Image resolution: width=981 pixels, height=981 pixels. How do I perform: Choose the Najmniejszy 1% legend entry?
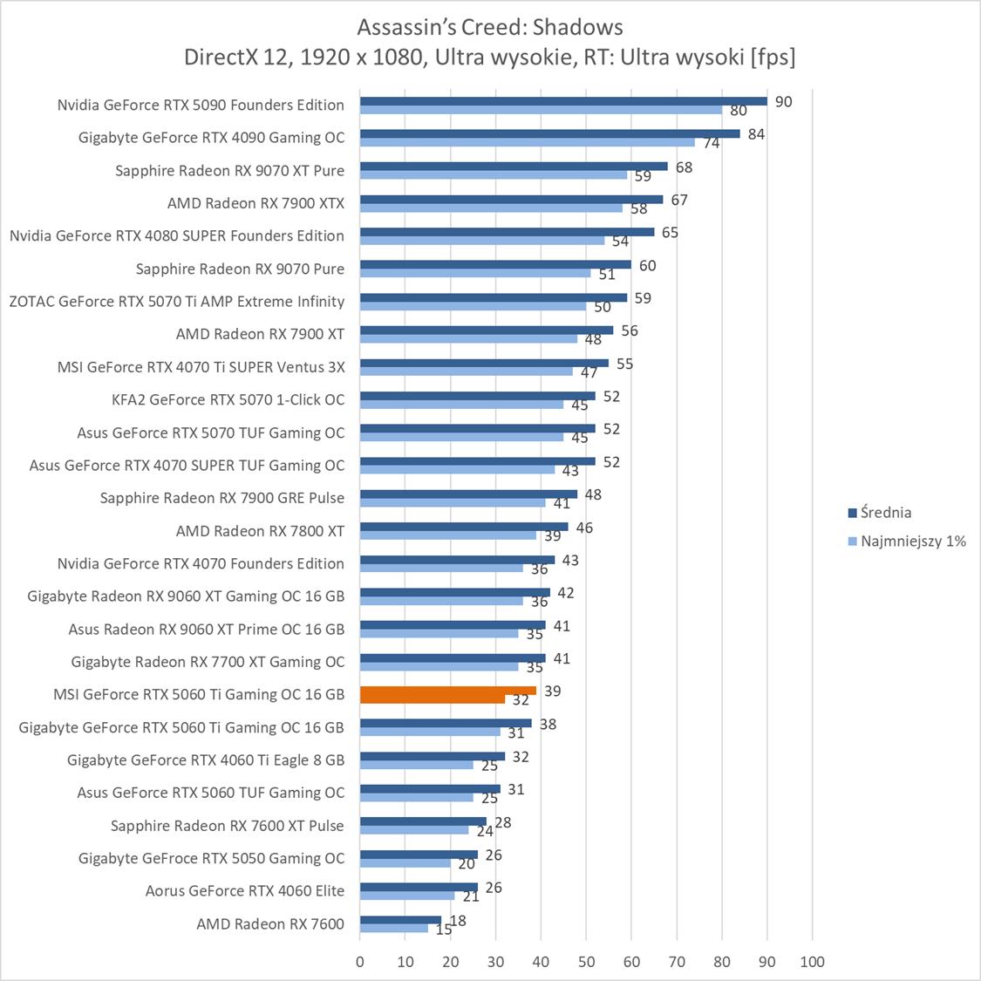pyautogui.click(x=912, y=542)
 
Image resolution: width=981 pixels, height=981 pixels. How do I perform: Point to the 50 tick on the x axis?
pyautogui.click(x=586, y=962)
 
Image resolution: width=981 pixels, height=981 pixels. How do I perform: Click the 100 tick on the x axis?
pyautogui.click(x=812, y=962)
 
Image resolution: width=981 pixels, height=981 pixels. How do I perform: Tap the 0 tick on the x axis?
pyautogui.click(x=360, y=962)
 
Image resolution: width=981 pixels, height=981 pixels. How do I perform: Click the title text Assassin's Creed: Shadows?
pyautogui.click(x=489, y=27)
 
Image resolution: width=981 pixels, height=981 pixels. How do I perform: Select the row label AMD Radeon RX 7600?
pyautogui.click(x=270, y=923)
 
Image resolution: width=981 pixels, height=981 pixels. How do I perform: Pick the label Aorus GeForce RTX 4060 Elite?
pyautogui.click(x=245, y=890)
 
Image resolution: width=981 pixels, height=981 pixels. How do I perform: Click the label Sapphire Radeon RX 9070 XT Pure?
pyautogui.click(x=229, y=170)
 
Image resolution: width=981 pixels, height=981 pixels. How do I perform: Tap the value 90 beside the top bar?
pyautogui.click(x=783, y=102)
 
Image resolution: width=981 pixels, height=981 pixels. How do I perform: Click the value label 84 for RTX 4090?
pyautogui.click(x=756, y=134)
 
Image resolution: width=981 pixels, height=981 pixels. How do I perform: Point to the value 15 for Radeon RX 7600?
pyautogui.click(x=443, y=930)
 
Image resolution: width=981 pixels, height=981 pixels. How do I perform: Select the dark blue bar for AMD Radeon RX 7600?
pyautogui.click(x=400, y=920)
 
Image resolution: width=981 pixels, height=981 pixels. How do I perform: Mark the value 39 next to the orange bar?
pyautogui.click(x=552, y=691)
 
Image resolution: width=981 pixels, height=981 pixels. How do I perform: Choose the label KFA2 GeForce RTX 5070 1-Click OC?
pyautogui.click(x=228, y=399)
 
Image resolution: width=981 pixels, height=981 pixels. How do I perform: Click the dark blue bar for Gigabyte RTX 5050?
pyautogui.click(x=419, y=855)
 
